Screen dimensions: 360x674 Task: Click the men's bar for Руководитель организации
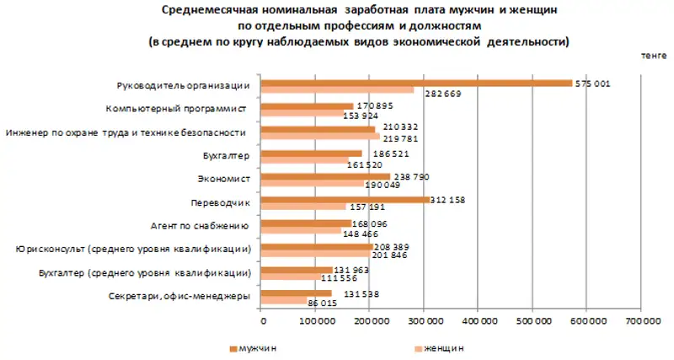[x=417, y=83]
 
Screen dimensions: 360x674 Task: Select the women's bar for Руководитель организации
[x=338, y=89]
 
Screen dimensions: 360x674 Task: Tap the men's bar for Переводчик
[x=345, y=201]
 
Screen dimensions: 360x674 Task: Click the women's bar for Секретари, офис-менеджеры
[x=285, y=301]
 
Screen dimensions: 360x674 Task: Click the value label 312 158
[x=449, y=201]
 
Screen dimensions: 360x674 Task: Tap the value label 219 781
[x=399, y=137]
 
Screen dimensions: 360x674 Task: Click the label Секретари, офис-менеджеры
[x=179, y=296]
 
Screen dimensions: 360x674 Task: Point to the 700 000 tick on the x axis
[x=639, y=321]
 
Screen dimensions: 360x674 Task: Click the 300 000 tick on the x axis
[x=424, y=321]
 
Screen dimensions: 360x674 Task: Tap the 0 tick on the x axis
[x=263, y=321]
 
